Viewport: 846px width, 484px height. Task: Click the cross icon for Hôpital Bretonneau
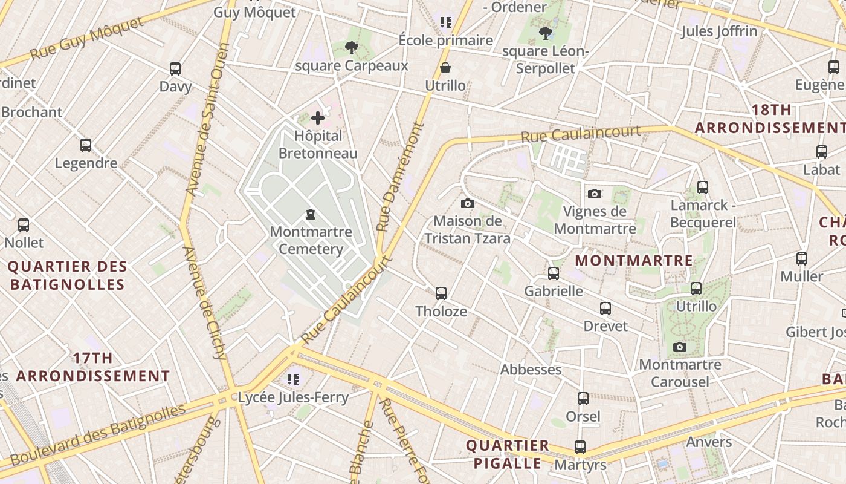coord(318,118)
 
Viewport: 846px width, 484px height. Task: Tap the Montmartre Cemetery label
coord(311,240)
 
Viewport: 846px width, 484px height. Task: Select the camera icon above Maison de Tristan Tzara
coord(467,203)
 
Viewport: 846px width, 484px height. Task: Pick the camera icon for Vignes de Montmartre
coord(595,194)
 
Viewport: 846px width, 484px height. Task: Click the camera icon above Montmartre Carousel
coord(680,347)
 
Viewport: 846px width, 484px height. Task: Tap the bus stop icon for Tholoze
coord(441,293)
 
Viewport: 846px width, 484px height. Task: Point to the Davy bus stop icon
coord(175,68)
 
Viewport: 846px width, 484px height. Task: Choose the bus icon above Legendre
coord(86,145)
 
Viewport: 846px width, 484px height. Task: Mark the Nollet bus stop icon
coord(24,225)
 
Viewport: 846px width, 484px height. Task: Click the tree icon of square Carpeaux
coord(351,47)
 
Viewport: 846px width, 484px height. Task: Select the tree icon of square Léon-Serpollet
coord(546,33)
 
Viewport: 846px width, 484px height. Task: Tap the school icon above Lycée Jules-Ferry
coord(293,379)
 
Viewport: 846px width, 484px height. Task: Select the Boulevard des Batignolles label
coord(98,434)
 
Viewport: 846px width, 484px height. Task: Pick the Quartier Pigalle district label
coord(507,454)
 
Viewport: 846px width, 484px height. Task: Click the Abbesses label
coord(531,369)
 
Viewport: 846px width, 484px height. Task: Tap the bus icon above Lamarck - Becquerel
coord(703,188)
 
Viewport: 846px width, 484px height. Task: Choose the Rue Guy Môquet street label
coord(87,38)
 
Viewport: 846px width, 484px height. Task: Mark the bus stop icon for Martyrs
coord(580,447)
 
